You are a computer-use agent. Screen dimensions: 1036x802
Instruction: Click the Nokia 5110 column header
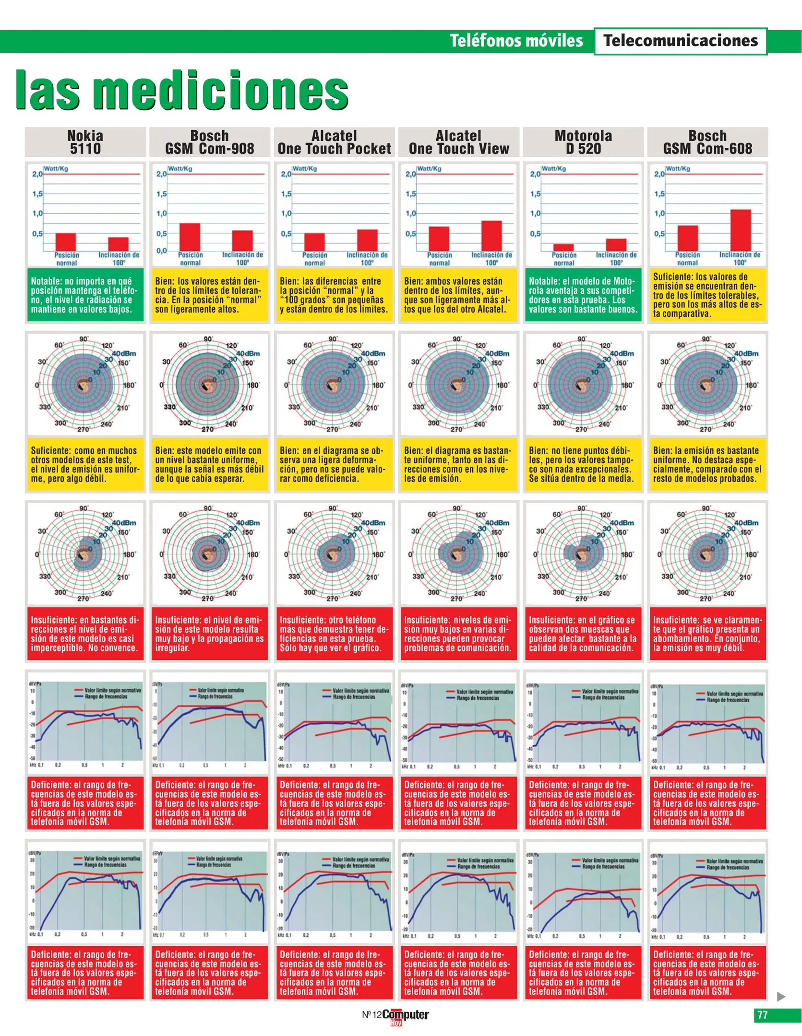click(x=85, y=142)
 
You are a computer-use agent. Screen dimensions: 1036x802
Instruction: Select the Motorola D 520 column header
click(x=583, y=142)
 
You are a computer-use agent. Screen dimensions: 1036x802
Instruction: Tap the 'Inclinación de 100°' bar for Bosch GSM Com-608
click(x=740, y=230)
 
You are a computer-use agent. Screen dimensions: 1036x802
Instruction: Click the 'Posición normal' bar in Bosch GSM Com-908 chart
click(x=190, y=237)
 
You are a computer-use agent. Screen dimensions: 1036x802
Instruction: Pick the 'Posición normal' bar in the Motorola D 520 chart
click(x=563, y=247)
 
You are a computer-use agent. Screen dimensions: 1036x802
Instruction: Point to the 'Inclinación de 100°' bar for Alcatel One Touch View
click(x=491, y=235)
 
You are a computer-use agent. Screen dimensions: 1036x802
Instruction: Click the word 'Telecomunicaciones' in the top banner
click(x=681, y=41)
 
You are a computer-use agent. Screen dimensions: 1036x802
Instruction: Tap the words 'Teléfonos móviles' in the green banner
click(x=516, y=41)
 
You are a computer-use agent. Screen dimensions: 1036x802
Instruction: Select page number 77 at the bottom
click(x=762, y=1015)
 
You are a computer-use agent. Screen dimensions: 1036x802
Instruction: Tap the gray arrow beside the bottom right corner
click(x=781, y=996)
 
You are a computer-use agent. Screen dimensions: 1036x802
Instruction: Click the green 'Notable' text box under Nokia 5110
click(x=85, y=294)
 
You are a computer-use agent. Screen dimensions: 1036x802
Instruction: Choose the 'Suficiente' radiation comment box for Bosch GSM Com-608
click(x=707, y=294)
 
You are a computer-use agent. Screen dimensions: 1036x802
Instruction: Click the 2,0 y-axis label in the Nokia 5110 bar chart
click(x=37, y=174)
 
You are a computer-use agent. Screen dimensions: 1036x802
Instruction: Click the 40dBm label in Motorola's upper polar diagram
click(x=622, y=353)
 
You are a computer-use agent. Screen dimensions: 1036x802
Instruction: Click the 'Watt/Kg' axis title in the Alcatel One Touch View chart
click(x=429, y=168)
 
